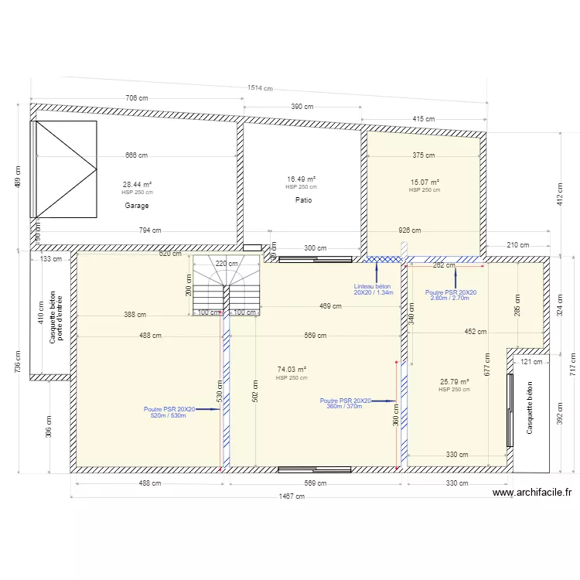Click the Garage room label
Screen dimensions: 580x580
click(136, 206)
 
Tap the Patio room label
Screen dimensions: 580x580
click(302, 200)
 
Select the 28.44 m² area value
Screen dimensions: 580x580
click(137, 185)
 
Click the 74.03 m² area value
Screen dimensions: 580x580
click(292, 370)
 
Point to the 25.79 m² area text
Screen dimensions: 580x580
click(454, 382)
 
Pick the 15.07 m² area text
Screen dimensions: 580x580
click(424, 183)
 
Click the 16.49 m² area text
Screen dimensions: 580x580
click(301, 179)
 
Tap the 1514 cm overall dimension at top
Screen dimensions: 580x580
click(260, 88)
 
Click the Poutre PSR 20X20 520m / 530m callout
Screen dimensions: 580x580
click(169, 412)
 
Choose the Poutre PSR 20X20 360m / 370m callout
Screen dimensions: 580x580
click(345, 403)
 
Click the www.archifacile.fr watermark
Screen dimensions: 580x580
click(531, 492)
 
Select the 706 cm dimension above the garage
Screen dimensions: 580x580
click(136, 98)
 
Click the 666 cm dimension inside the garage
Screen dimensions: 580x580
click(136, 155)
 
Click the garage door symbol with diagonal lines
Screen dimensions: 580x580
click(64, 169)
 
